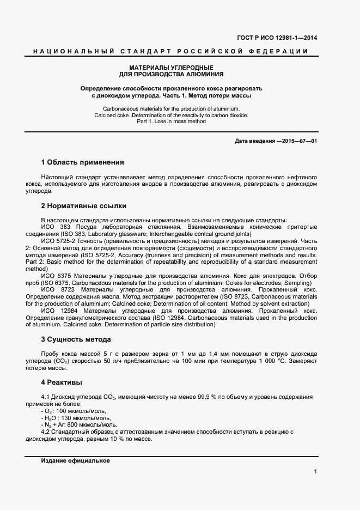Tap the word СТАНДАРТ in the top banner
pyautogui.click(x=142, y=52)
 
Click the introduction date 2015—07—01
pyautogui.click(x=297, y=142)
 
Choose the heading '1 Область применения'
pyautogui.click(x=82, y=162)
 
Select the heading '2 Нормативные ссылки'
pyautogui.click(x=83, y=206)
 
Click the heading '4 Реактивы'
pyautogui.click(x=62, y=382)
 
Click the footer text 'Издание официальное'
pyautogui.click(x=75, y=460)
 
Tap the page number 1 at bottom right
pyautogui.click(x=315, y=472)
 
